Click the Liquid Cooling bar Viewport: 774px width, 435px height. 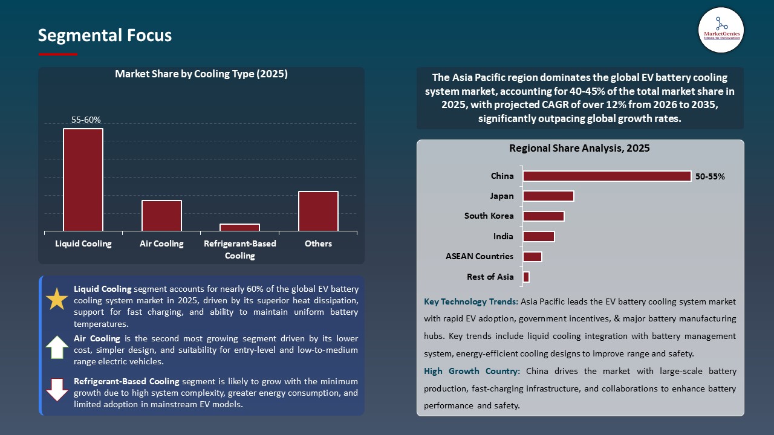[x=83, y=179]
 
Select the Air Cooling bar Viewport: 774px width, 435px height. [x=161, y=216]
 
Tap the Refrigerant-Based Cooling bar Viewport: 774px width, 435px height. [x=239, y=227]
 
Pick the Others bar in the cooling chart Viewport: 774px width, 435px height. [x=318, y=211]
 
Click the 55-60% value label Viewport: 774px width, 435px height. [x=86, y=120]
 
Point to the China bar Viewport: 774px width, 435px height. [x=607, y=176]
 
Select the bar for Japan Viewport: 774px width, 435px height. [x=548, y=196]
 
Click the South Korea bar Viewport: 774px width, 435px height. [x=543, y=216]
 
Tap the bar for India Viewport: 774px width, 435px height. [x=538, y=236]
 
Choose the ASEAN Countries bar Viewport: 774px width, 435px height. [x=532, y=257]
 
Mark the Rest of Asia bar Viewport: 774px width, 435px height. [x=526, y=277]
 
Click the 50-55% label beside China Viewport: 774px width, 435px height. [x=710, y=176]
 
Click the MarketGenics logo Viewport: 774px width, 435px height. [x=721, y=30]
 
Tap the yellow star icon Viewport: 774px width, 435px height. [x=57, y=300]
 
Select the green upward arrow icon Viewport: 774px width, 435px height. [x=57, y=347]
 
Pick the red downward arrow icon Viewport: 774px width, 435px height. [x=57, y=390]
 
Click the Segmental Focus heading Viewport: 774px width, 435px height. [x=105, y=36]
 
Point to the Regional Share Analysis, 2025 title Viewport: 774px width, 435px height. [x=579, y=148]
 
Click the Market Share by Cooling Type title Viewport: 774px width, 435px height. [x=201, y=74]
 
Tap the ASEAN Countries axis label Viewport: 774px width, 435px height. [x=480, y=256]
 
